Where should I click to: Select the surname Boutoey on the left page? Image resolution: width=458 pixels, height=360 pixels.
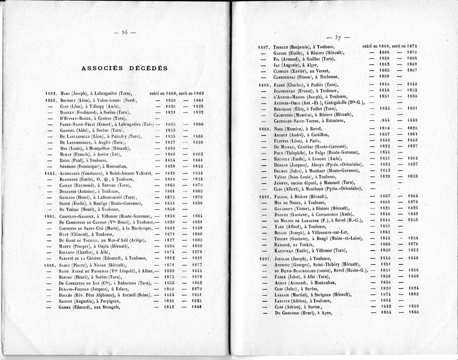click(69, 100)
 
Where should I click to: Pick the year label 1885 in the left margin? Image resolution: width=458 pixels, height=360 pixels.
click(51, 215)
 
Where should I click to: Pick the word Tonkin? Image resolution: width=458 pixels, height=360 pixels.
click(313, 245)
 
